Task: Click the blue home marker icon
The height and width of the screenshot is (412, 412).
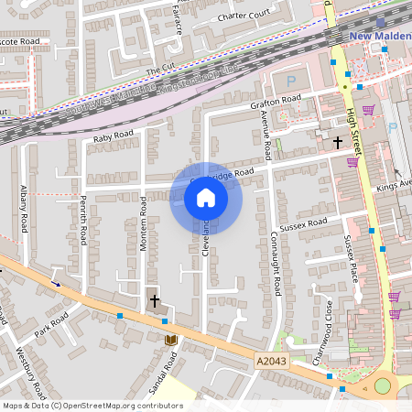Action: coord(206,197)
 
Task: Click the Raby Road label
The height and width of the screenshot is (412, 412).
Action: coord(114,137)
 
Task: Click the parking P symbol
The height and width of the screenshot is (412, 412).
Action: coord(291,132)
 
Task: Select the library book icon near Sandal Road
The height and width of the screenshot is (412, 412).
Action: coord(169,341)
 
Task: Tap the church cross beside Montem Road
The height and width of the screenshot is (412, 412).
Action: coord(154,299)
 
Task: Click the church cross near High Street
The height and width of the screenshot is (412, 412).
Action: coord(337,142)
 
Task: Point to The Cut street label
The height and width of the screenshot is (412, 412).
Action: coord(160,70)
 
